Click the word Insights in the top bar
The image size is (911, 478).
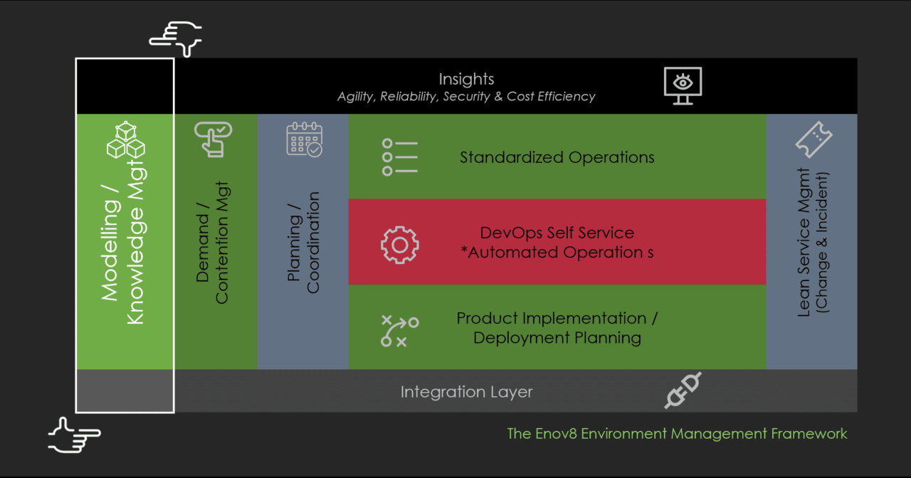[x=466, y=79]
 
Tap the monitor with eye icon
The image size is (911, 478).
[x=683, y=86]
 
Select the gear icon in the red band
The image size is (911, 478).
[x=400, y=245]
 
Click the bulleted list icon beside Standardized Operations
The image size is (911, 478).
[x=400, y=157]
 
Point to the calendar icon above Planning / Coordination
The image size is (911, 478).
[x=305, y=139]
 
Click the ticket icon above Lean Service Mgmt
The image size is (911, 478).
[x=813, y=139]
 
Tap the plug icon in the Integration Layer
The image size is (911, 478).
[x=683, y=390]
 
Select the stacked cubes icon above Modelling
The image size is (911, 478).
[x=126, y=139]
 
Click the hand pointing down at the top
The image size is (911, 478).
[x=175, y=39]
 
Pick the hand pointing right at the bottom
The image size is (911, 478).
[x=75, y=435]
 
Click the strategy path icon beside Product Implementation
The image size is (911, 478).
[x=400, y=331]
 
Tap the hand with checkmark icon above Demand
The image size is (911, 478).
[x=213, y=139]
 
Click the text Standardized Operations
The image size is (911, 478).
[x=557, y=157]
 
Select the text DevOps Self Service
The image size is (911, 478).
[x=557, y=233]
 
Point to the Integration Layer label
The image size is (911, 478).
[x=466, y=392]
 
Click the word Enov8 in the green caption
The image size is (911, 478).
[x=556, y=434]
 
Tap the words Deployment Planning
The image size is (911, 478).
[x=557, y=338]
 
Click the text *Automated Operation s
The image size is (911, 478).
[x=557, y=253]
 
